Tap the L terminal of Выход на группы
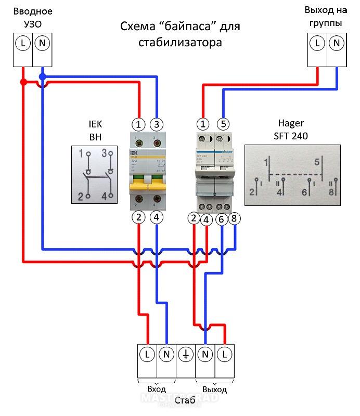tap(317, 44)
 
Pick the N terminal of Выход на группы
tap(337, 44)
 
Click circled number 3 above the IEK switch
tap(157, 124)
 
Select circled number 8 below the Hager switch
tap(234, 219)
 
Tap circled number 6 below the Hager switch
tap(221, 219)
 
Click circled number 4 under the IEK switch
tap(157, 218)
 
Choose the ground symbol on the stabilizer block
tap(186, 355)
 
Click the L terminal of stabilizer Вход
tap(147, 355)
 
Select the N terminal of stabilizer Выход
tap(205, 355)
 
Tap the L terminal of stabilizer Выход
tap(225, 355)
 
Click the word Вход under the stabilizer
tap(156, 389)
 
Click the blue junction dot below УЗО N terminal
tap(42, 77)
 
